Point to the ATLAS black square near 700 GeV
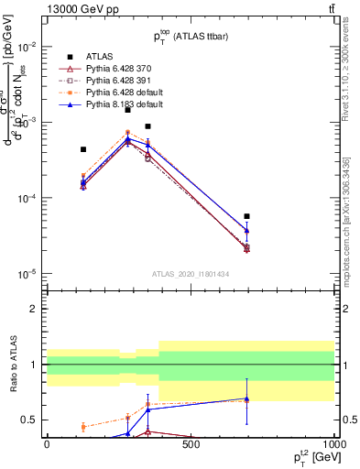[247, 216]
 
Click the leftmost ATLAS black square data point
[83, 149]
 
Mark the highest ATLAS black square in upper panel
[127, 109]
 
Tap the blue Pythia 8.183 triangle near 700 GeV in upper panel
[247, 231]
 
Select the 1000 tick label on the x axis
[333, 444]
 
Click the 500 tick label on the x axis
[191, 444]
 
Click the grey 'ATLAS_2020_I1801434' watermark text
[190, 274]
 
